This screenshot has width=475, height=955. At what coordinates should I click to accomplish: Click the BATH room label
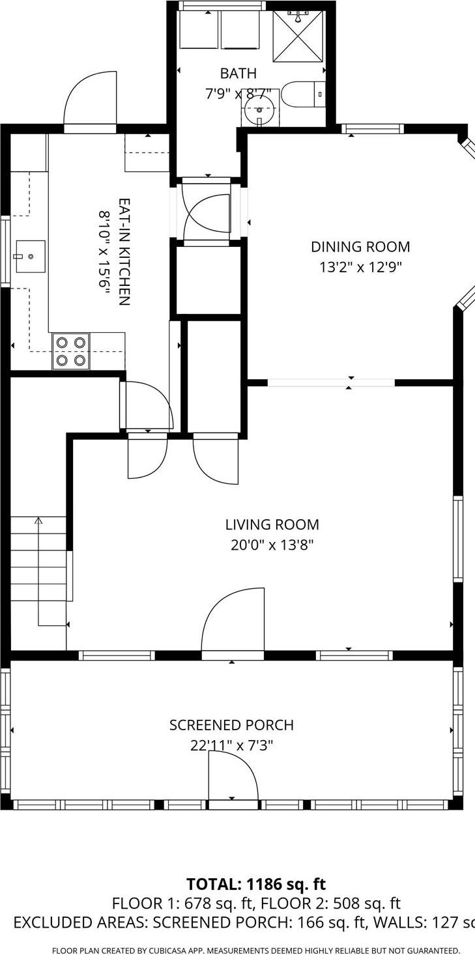238,74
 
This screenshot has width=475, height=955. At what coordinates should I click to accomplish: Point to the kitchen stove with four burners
71,351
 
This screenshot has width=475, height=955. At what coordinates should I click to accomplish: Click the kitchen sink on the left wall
29,256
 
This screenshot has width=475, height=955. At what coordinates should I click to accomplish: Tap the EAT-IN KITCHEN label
124,251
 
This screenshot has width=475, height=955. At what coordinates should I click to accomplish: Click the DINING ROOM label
360,247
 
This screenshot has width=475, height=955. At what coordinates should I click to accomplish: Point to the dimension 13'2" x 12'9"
360,267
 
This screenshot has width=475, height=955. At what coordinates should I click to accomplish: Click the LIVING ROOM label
272,524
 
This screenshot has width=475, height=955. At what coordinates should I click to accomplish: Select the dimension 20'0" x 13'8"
272,545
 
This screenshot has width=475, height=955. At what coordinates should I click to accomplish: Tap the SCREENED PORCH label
231,725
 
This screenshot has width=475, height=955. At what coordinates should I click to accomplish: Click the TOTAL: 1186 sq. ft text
255,884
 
